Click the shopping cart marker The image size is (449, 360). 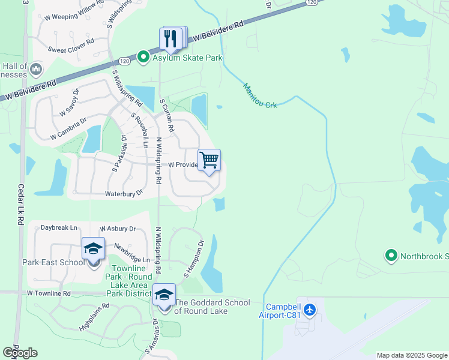tap(209, 161)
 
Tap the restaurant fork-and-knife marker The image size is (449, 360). tap(170, 39)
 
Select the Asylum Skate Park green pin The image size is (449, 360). tap(143, 58)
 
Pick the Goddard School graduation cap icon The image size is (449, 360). tap(164, 295)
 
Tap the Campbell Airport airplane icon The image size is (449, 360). tap(310, 310)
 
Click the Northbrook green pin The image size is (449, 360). tap(391, 256)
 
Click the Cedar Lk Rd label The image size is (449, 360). tap(20, 204)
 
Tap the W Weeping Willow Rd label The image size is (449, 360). tap(70, 17)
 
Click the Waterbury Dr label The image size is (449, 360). tap(124, 193)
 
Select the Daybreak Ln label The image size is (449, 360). tap(59, 228)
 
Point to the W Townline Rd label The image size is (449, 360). tap(49, 293)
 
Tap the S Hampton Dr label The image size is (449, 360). tap(194, 259)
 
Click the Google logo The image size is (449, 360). tap(20, 353)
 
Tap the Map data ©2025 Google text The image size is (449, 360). tap(412, 355)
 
